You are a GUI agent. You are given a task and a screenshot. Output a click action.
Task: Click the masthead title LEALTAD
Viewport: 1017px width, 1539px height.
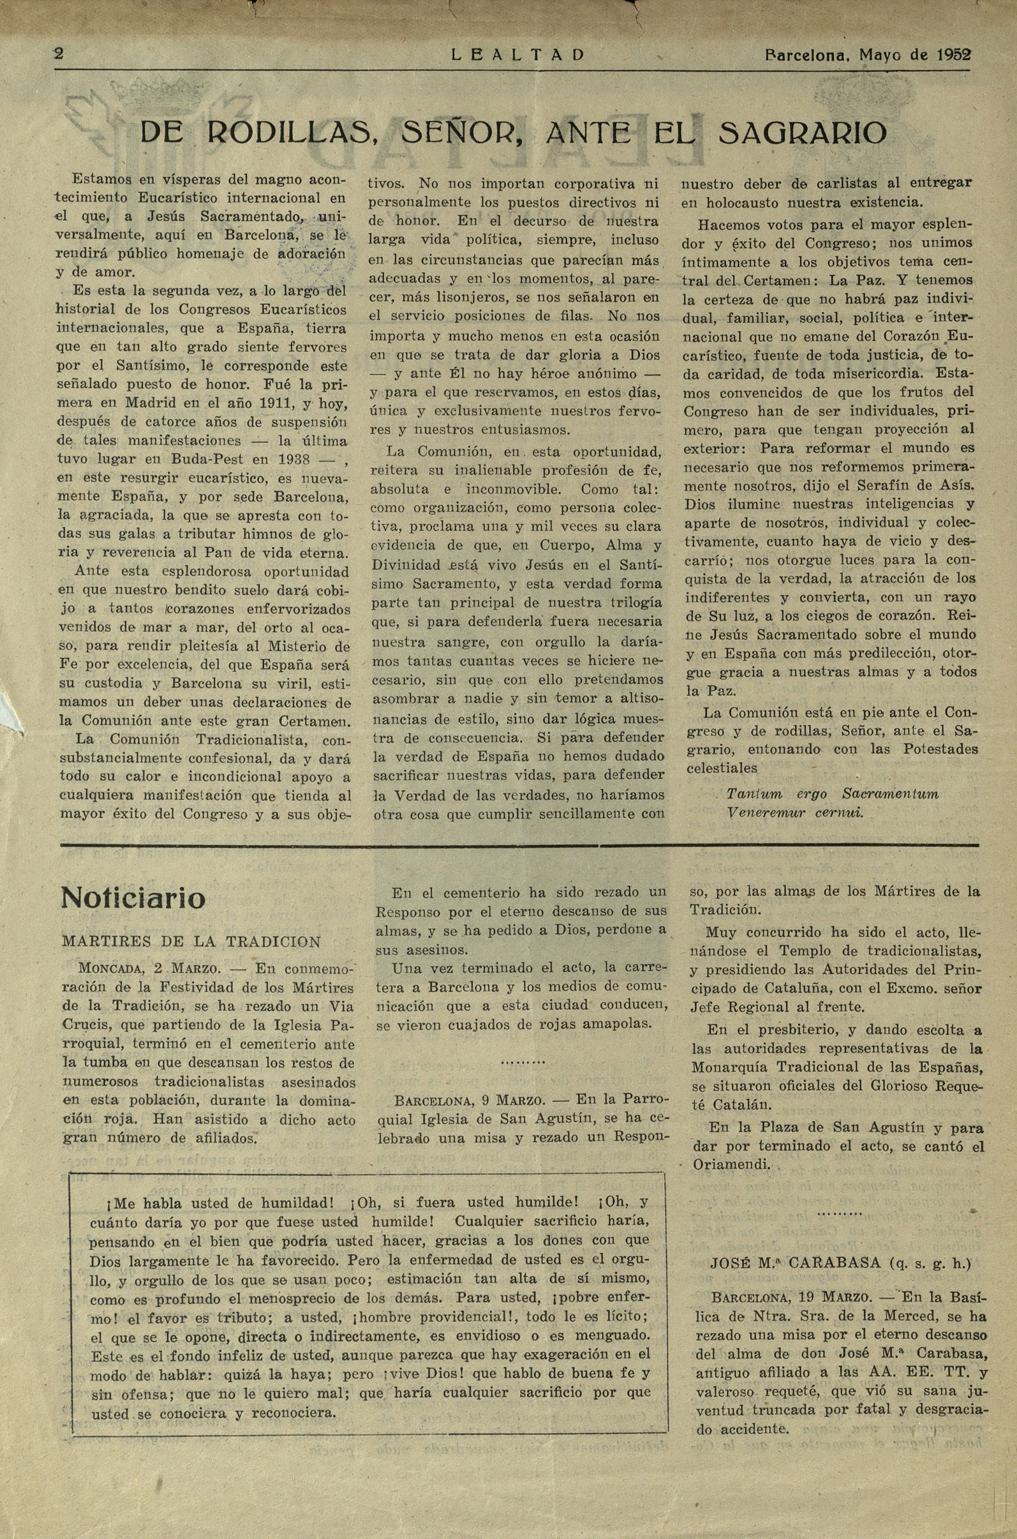pyautogui.click(x=517, y=55)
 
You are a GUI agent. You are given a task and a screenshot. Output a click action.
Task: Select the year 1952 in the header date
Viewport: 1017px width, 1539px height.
pyautogui.click(x=953, y=54)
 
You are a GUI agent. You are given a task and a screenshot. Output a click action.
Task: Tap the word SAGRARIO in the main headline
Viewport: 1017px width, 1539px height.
pyautogui.click(x=803, y=133)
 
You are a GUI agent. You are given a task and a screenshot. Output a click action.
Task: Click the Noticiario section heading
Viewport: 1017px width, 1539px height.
pyautogui.click(x=133, y=898)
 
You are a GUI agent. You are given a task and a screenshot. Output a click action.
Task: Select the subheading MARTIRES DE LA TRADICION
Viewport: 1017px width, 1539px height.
pyautogui.click(x=191, y=942)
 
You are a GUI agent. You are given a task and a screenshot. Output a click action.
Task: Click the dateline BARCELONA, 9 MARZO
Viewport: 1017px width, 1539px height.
pyautogui.click(x=471, y=1100)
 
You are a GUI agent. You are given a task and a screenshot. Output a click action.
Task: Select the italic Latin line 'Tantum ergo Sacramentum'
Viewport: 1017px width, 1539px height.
pyautogui.click(x=832, y=794)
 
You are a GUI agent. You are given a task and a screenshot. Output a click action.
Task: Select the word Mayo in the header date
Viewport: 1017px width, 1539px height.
pyautogui.click(x=881, y=54)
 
